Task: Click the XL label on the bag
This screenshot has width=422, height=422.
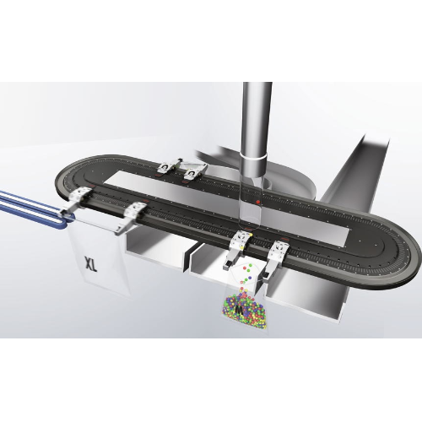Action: click(x=91, y=264)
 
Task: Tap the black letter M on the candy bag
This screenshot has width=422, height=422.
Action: click(x=240, y=310)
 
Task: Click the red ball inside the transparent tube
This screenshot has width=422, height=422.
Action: click(x=257, y=202)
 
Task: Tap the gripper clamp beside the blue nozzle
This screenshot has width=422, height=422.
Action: click(x=79, y=198)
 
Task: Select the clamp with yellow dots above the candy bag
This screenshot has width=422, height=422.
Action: click(x=239, y=246)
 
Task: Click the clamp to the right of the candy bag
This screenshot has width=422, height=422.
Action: click(x=276, y=257)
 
